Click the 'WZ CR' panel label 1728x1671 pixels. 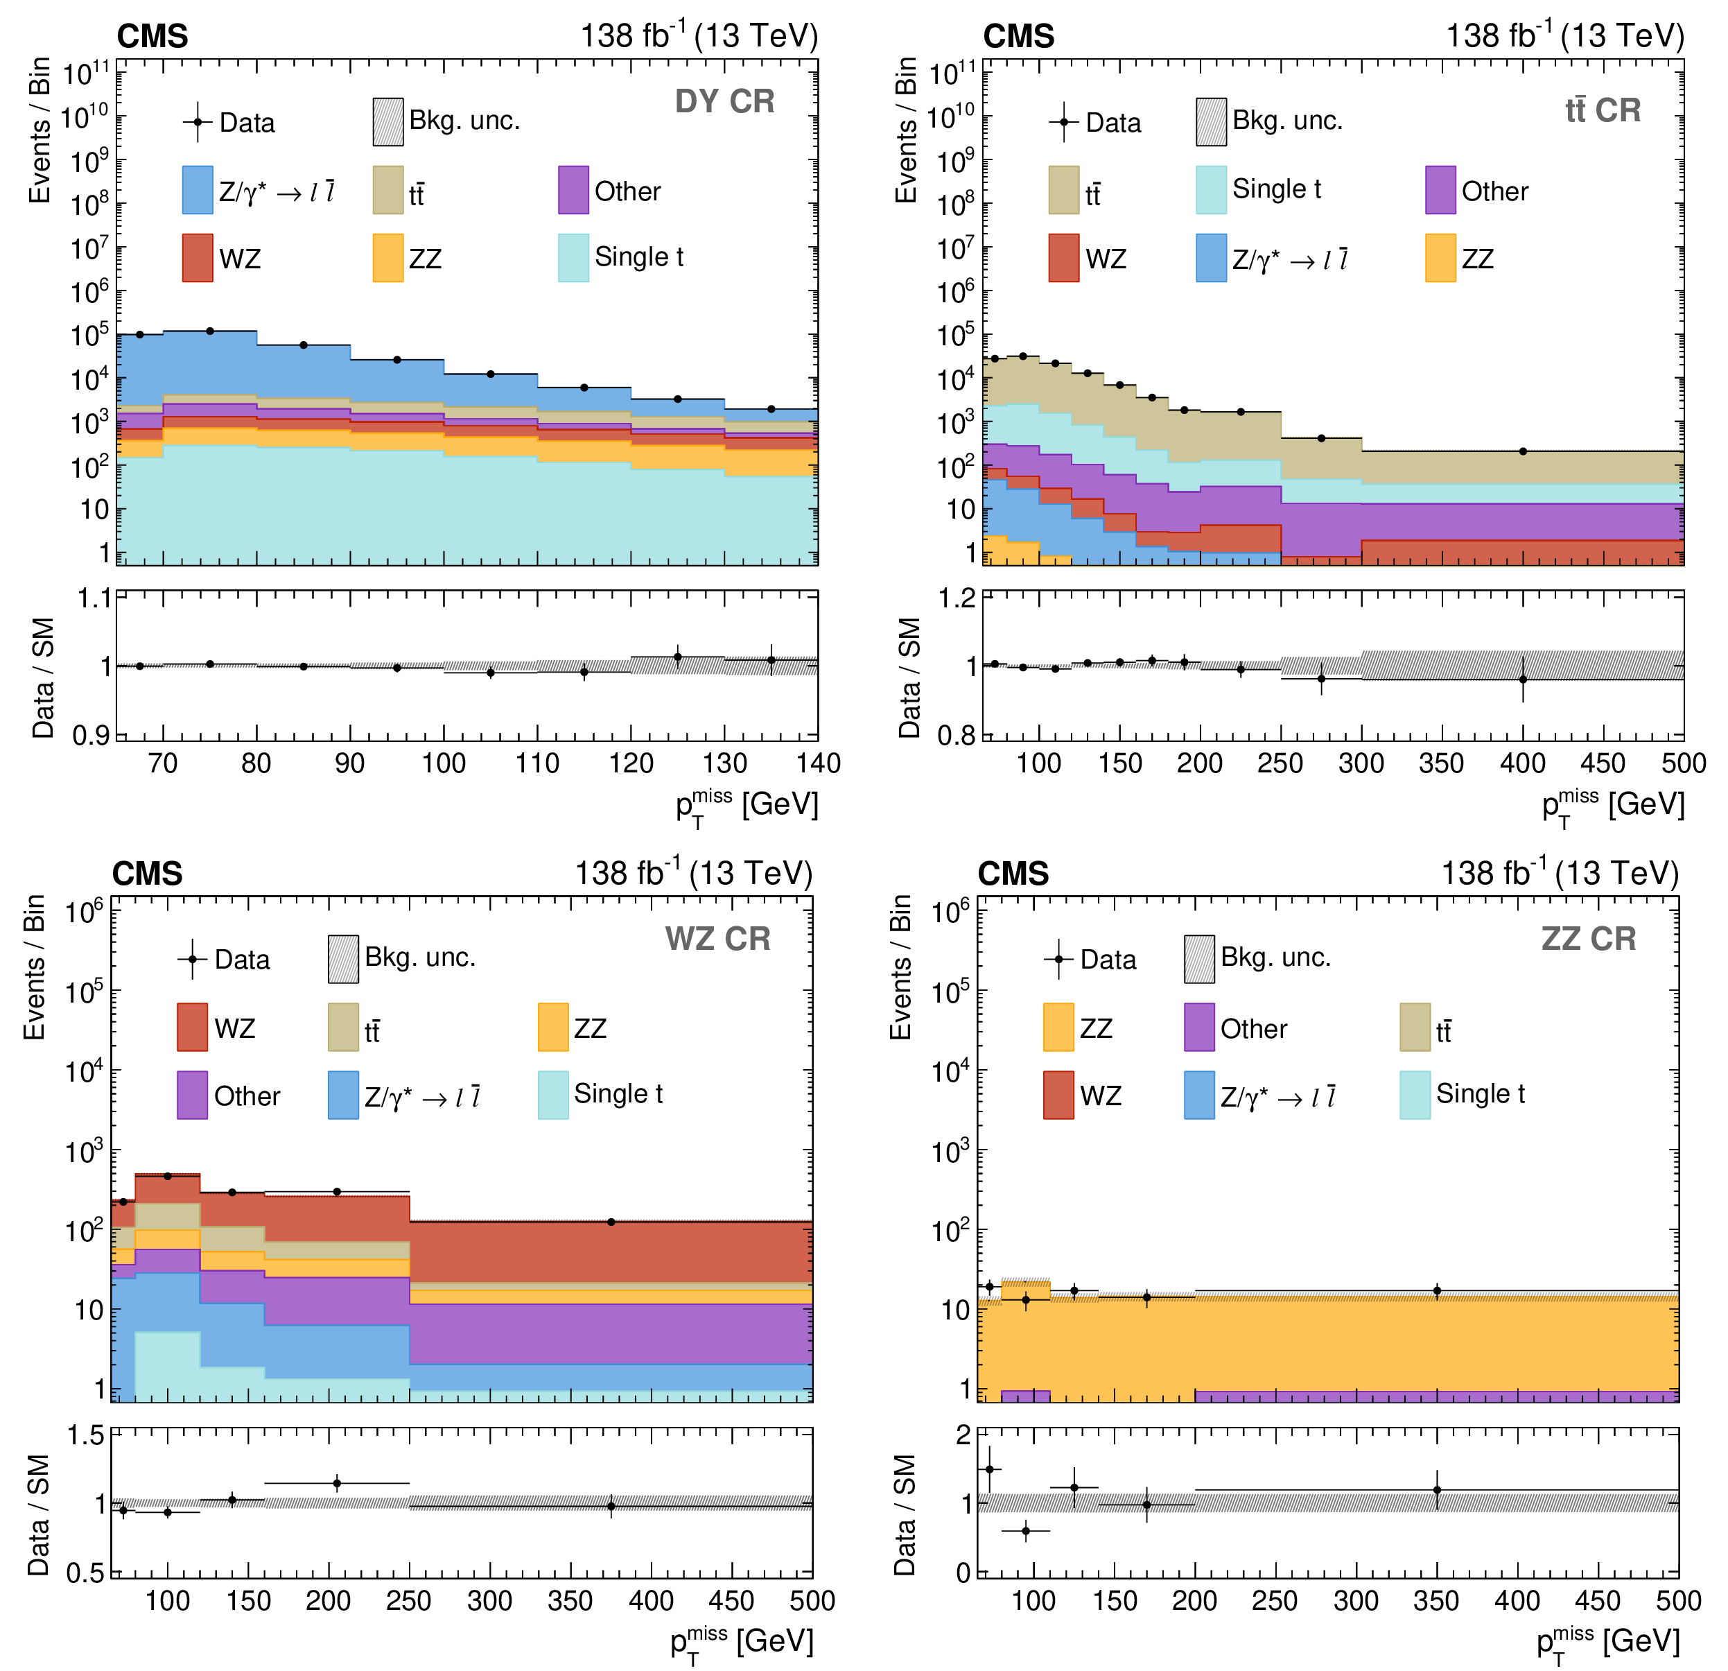tap(717, 939)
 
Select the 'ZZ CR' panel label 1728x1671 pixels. tap(1589, 939)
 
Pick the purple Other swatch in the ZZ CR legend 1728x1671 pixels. tap(1199, 1028)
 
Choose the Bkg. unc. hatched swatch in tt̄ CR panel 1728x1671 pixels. tap(1212, 122)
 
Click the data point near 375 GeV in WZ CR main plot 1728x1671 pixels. tap(611, 1222)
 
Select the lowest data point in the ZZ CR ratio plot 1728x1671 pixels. tap(1025, 1531)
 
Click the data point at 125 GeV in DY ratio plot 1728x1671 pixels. tap(678, 657)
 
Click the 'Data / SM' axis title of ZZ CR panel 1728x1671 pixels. tap(905, 1515)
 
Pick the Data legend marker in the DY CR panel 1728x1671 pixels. tap(198, 123)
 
